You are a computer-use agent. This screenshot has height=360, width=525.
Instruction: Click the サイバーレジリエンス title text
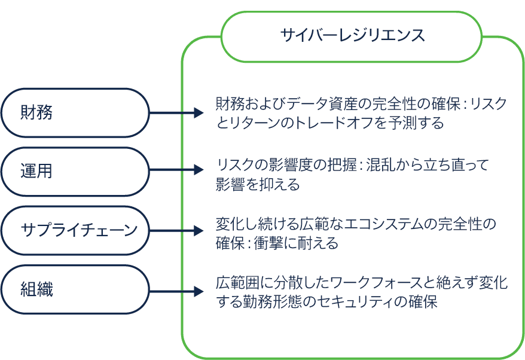(352, 35)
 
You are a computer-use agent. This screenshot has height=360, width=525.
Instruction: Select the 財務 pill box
(75, 113)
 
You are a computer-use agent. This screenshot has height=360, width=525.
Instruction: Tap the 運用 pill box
(75, 172)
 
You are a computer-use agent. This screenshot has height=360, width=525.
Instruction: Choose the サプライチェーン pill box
(75, 230)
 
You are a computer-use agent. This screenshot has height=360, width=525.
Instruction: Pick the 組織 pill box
(75, 289)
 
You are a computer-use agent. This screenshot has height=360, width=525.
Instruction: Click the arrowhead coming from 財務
(199, 113)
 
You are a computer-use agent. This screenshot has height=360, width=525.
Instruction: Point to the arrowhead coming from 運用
(199, 169)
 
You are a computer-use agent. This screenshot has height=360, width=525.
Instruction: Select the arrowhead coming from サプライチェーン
(199, 231)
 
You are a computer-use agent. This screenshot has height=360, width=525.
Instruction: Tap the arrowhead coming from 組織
(199, 291)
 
